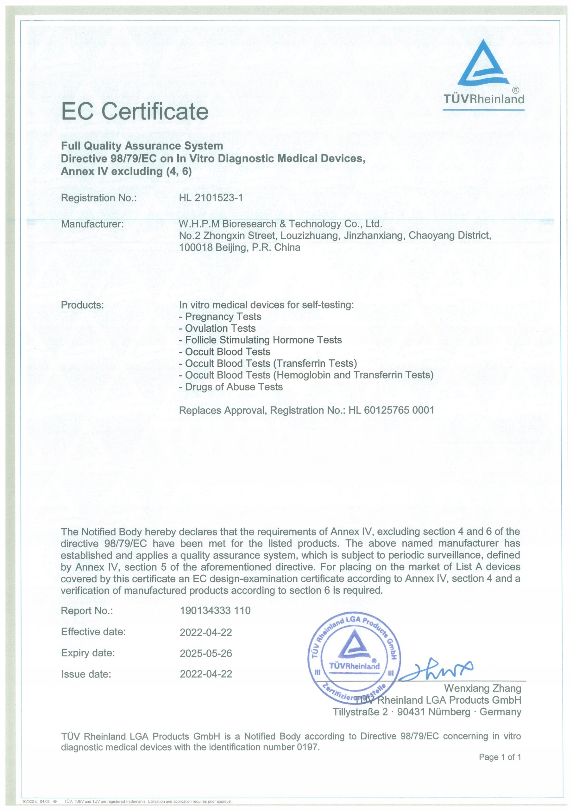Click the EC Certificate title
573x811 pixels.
click(x=135, y=112)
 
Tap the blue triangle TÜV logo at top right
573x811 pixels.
click(x=483, y=64)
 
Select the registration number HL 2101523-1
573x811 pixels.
click(x=211, y=198)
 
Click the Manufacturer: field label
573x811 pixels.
click(x=92, y=224)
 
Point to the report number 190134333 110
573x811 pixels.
click(x=215, y=610)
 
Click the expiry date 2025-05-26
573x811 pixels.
click(x=206, y=653)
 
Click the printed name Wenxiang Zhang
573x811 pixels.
click(x=482, y=688)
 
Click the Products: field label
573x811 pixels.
click(x=82, y=305)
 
